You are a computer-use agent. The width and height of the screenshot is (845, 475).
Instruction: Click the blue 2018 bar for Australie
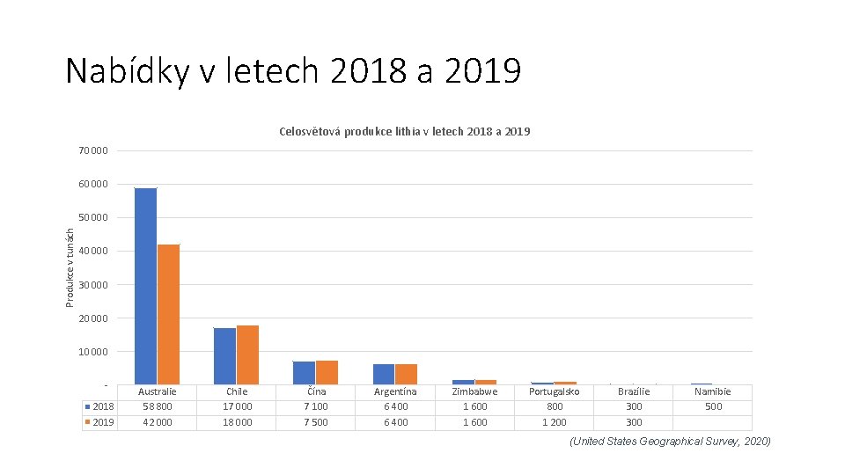pos(145,286)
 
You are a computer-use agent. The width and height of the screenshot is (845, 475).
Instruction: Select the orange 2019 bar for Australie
pos(168,314)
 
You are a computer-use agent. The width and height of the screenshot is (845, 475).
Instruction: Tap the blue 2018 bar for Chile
pos(224,355)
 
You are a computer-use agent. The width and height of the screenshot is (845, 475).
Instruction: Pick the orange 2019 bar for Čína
pos(327,372)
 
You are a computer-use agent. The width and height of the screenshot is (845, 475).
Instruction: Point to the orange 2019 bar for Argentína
pos(406,374)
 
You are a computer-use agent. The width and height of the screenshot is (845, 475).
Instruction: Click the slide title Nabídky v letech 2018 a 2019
pos(293,71)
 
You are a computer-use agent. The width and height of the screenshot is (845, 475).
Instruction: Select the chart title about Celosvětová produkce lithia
pos(404,132)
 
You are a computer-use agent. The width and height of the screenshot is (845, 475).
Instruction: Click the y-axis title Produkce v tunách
pos(70,267)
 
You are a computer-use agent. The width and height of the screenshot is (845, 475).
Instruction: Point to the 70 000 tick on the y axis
pos(93,151)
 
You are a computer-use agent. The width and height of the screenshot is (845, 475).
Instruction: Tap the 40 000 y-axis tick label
pos(93,252)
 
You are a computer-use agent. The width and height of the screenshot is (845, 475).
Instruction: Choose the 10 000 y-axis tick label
pos(93,352)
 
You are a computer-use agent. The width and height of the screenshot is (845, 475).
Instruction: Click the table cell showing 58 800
pos(158,406)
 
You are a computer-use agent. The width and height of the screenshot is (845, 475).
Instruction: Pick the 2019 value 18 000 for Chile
pos(237,422)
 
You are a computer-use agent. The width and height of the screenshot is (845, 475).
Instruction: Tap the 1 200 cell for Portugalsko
pos(554,422)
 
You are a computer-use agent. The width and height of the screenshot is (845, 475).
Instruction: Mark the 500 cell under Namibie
pos(713,406)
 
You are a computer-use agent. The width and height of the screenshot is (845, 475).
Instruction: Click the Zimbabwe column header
pos(474,391)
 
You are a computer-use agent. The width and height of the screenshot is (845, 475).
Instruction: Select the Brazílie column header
pos(634,391)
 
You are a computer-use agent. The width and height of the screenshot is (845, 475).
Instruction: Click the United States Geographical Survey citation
pos(670,442)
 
